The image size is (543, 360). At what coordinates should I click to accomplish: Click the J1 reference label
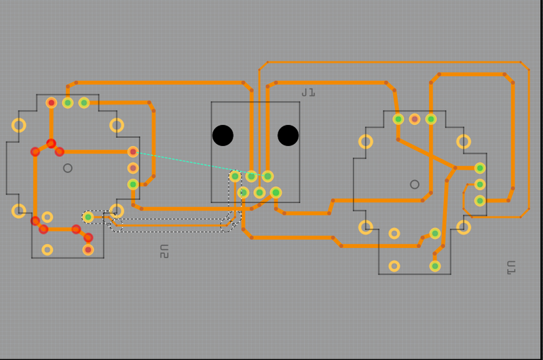point(309,92)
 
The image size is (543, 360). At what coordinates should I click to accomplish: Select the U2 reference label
point(164,251)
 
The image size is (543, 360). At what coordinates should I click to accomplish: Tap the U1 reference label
point(511,268)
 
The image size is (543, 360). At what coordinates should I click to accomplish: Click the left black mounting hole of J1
point(223,135)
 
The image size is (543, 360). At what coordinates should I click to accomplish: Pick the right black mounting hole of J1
point(288,135)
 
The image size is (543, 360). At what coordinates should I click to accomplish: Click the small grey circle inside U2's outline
point(67,168)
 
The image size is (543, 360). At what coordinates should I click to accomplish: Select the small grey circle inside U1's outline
point(415,184)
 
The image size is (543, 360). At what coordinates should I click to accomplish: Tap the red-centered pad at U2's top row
point(52,103)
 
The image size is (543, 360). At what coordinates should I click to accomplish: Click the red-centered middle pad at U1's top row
point(415,119)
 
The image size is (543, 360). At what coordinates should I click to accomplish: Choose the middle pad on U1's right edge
point(480,184)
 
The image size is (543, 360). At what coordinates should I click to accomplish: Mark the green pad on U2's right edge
point(133,184)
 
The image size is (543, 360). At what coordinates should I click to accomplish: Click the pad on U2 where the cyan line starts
point(133,151)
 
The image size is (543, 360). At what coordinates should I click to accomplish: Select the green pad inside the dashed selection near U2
point(88,217)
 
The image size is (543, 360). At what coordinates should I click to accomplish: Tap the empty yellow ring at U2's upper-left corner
point(19,125)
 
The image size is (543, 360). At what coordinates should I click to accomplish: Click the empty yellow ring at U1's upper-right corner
point(464,141)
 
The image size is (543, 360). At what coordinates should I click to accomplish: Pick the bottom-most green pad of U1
point(435,266)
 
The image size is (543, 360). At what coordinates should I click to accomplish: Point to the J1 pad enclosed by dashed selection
point(235,176)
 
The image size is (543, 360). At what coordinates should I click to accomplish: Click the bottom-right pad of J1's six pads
point(276,192)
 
